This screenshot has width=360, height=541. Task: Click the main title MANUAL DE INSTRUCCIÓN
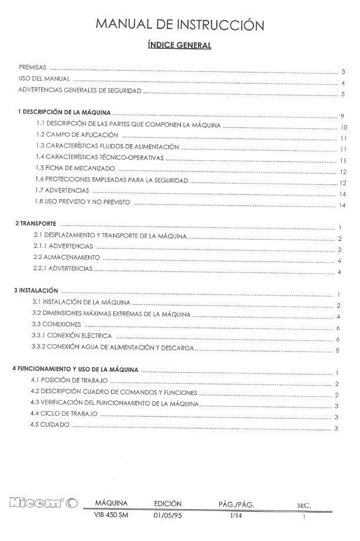click(x=180, y=25)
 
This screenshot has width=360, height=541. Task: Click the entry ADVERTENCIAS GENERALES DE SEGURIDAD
click(x=80, y=91)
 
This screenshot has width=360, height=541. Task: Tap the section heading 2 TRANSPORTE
click(x=35, y=224)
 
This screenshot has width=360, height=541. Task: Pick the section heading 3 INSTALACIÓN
click(x=36, y=290)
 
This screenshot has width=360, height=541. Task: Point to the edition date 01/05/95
click(x=166, y=516)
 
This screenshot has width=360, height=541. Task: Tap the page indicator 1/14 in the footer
click(x=236, y=516)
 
